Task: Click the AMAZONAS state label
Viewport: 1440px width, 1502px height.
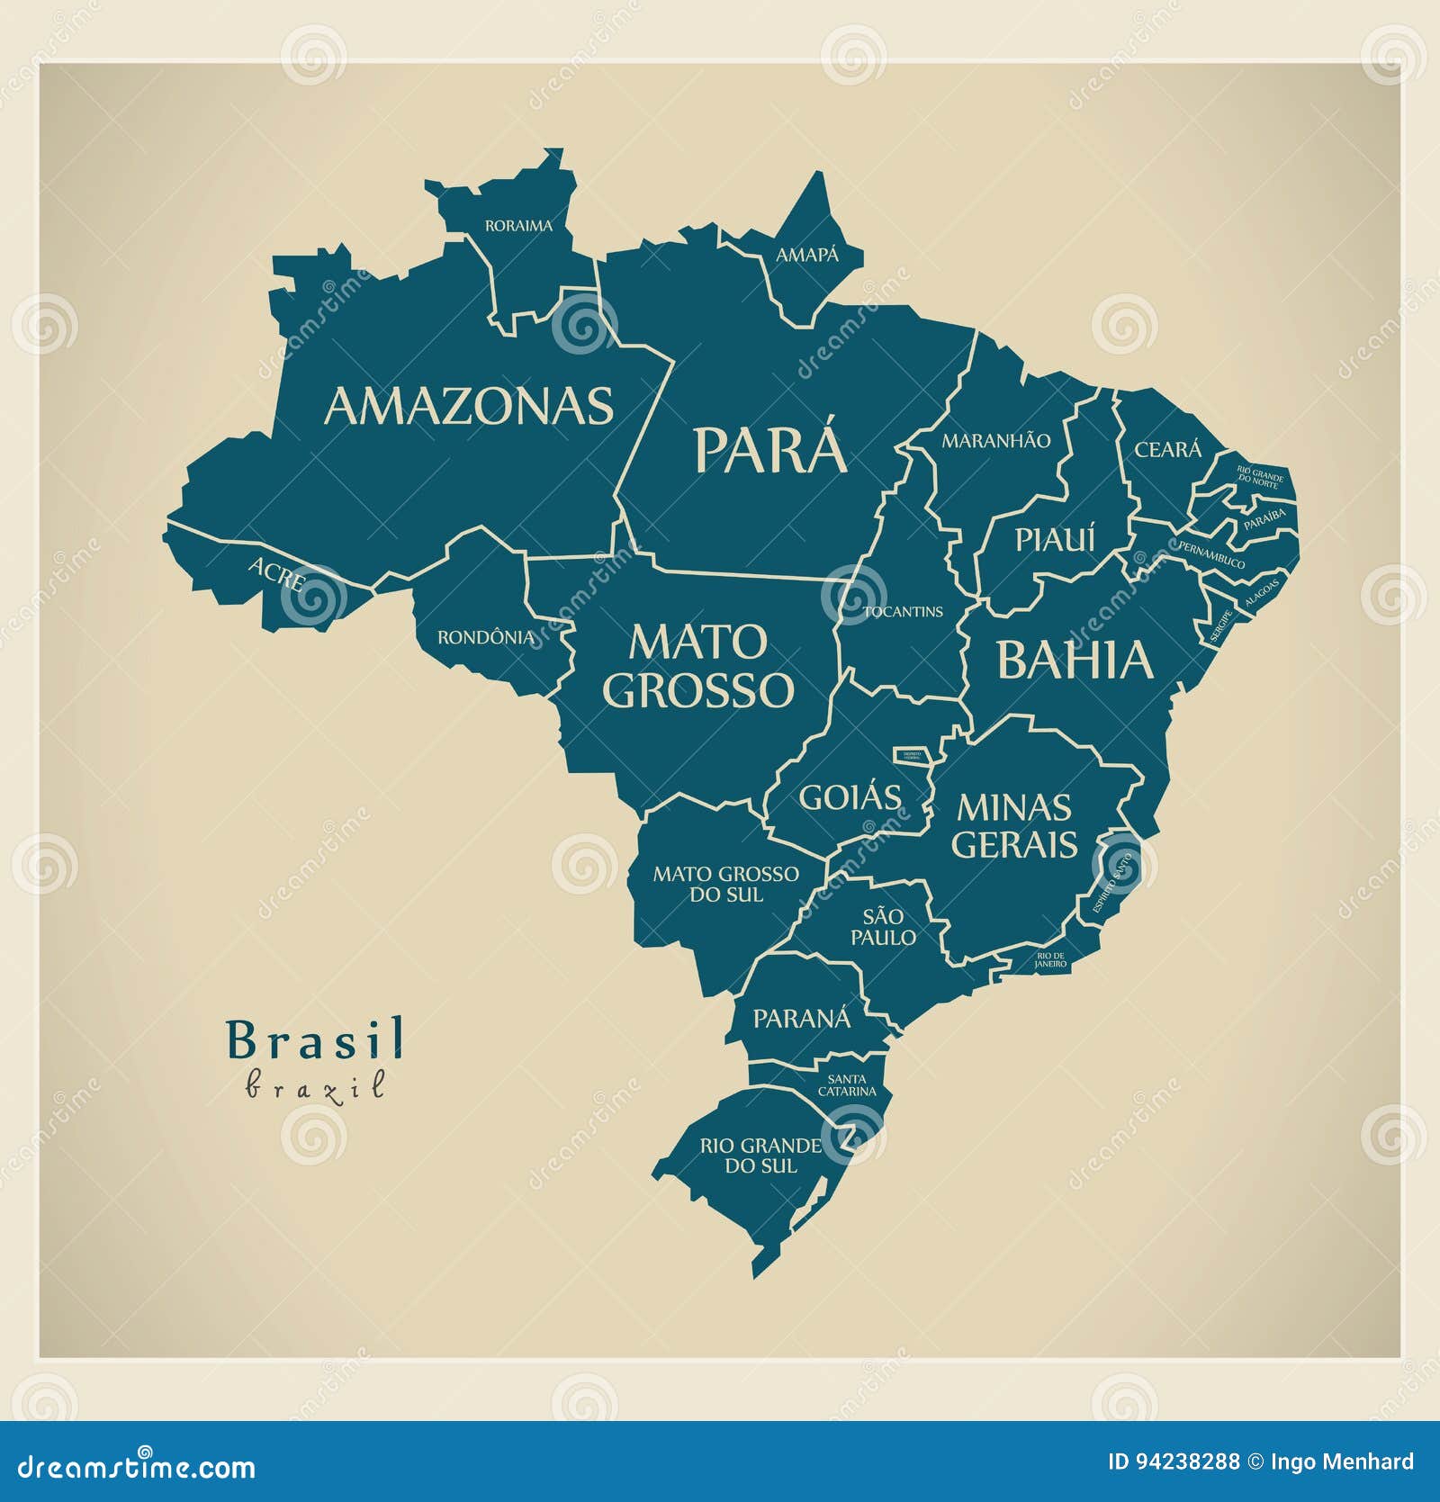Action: (468, 406)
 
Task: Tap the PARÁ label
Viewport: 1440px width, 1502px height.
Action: (769, 450)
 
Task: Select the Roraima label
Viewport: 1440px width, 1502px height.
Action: (518, 226)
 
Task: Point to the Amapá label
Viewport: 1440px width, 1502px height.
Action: (806, 256)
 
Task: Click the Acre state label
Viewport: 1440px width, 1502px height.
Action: (276, 572)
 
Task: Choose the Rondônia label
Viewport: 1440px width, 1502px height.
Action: (486, 637)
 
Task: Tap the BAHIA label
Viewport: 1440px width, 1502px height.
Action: (1074, 660)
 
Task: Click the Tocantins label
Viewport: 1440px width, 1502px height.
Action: (903, 612)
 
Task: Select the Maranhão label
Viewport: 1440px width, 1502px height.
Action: (995, 441)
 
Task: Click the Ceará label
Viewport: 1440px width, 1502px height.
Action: (1167, 449)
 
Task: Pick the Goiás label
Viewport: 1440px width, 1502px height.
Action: (850, 797)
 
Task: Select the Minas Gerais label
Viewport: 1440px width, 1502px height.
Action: (1013, 825)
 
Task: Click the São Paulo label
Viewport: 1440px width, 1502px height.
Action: (883, 927)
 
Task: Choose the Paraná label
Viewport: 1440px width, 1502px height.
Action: (801, 1019)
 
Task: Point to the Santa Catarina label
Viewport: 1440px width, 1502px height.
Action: (846, 1085)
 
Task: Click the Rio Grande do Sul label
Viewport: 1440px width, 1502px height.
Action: (760, 1156)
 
